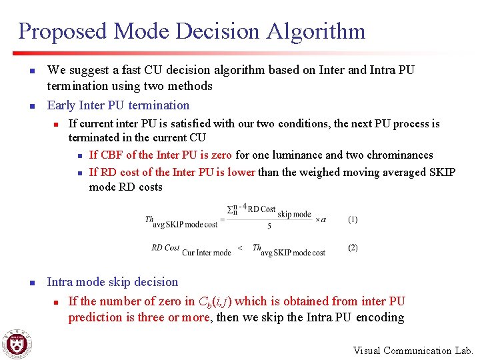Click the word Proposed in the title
click(63, 31)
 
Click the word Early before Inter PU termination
click(61, 105)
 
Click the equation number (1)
click(353, 219)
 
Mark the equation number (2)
click(353, 247)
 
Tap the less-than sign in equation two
click(240, 248)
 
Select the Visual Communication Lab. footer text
click(413, 351)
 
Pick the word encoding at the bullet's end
click(380, 317)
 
